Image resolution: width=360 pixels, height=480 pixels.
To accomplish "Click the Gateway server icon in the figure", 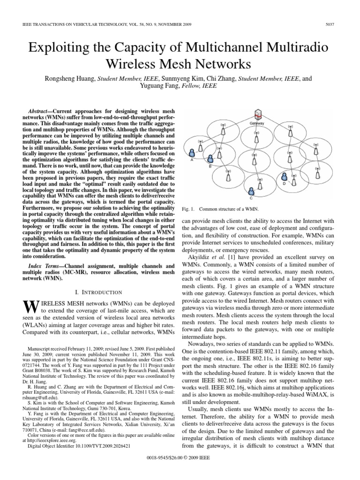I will [257, 114].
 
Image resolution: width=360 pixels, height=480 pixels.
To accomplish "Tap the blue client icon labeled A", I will [192, 153].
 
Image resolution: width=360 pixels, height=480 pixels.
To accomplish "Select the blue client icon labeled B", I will [210, 159].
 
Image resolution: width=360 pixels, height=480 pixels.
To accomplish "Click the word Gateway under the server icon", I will [257, 123].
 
